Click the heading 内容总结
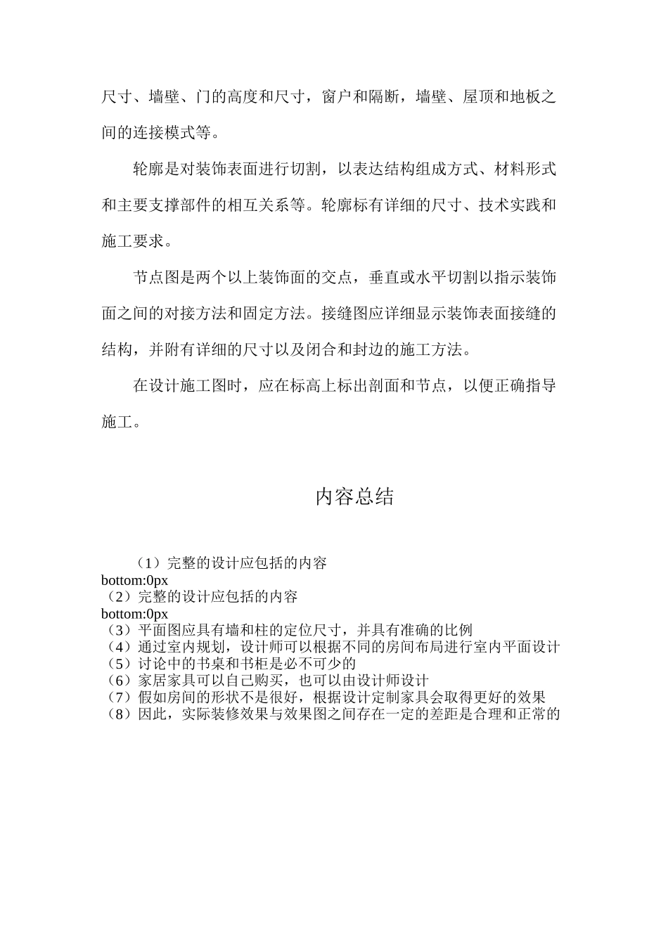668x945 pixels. [354, 497]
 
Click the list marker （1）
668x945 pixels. [149, 563]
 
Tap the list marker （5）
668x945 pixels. [120, 664]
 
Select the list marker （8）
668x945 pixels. [120, 715]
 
